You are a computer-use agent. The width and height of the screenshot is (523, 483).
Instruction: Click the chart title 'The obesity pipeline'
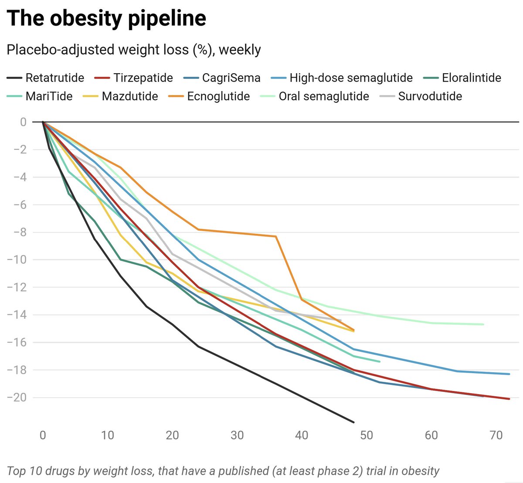[106, 18]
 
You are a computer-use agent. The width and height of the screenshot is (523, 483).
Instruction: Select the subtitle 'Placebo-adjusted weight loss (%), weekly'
[134, 50]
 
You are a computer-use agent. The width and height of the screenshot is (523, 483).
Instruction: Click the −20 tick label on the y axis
[17, 398]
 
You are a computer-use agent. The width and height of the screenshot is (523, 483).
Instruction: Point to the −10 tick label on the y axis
[17, 260]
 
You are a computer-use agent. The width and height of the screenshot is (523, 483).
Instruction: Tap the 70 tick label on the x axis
[496, 435]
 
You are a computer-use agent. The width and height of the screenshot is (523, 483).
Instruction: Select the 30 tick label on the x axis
[237, 435]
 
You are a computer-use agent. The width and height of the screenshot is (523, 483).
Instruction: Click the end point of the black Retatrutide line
[354, 422]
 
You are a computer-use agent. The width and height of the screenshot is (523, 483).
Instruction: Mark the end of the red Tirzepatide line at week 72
[509, 399]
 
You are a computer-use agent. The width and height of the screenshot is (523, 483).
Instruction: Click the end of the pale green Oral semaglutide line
[483, 324]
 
